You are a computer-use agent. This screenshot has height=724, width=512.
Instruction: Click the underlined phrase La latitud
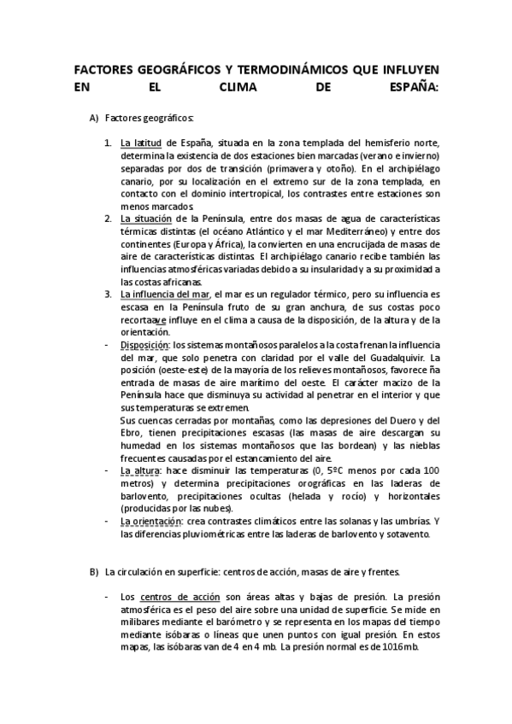click(x=141, y=143)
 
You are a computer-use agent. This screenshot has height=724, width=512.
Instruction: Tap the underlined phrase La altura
click(x=138, y=470)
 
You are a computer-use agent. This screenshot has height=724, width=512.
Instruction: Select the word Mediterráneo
click(x=348, y=232)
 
